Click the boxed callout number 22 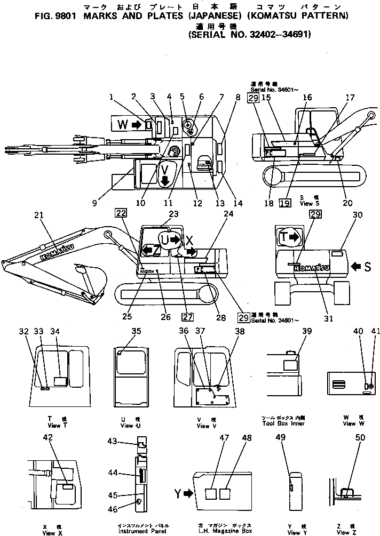click(x=120, y=213)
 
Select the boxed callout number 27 click(x=187, y=317)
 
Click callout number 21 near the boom click(x=37, y=215)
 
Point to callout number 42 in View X click(x=47, y=437)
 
